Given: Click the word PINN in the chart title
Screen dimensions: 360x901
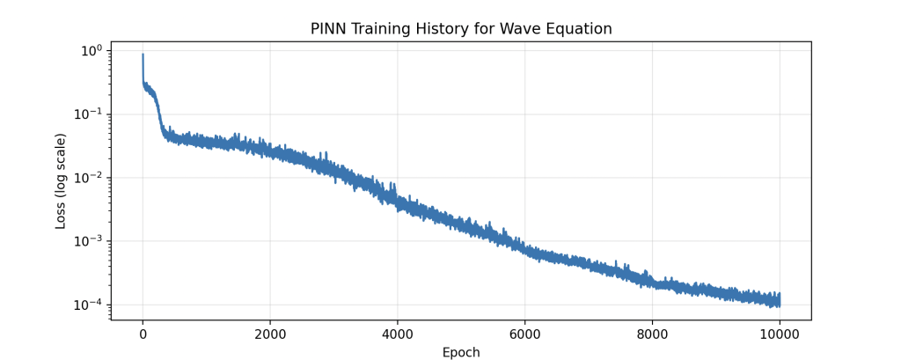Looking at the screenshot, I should pos(329,29).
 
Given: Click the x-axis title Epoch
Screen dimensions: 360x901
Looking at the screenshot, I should pos(461,353).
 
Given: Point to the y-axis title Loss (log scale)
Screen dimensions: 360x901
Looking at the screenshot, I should pos(61,181).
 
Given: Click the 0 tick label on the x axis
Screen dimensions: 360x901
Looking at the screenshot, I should pos(143,334).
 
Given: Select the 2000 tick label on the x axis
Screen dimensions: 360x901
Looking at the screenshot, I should pos(270,334).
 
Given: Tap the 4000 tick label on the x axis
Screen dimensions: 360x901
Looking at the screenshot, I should pos(398,334).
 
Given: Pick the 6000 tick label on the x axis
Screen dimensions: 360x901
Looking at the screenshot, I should pos(525,334).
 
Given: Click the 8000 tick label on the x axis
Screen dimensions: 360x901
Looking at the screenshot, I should pos(652,334).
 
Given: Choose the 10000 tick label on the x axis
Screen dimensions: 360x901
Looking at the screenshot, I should pos(780,334).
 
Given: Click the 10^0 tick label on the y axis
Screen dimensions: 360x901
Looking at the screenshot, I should pos(92,50).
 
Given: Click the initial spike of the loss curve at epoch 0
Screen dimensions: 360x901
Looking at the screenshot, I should pos(143,55).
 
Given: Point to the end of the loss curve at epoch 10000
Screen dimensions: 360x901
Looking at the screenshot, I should pos(779,300).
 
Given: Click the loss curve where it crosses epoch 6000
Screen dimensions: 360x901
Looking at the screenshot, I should pos(525,249).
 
